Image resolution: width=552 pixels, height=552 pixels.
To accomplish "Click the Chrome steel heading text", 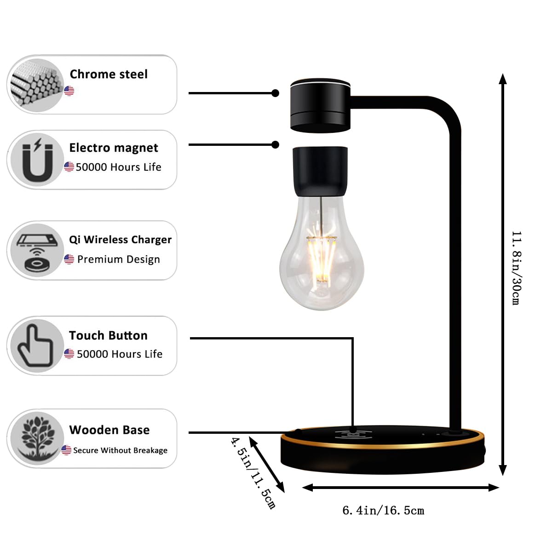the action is tap(109, 74).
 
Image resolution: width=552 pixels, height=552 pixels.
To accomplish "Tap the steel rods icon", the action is tap(37, 85).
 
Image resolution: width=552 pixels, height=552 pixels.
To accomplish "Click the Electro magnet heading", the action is tap(114, 148).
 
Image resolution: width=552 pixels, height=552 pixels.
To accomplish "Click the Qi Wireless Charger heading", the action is tap(120, 240).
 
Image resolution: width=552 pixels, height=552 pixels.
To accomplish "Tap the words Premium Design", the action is tap(119, 259).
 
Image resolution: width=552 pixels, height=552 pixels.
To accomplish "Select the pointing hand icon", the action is tap(35, 345).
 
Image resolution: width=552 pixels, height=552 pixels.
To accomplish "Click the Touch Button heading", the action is tap(108, 335).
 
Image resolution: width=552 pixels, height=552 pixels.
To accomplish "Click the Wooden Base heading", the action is tap(109, 430).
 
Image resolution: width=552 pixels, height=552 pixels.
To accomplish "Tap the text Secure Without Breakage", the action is tap(121, 450).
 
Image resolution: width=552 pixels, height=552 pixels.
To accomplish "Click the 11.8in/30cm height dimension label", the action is tap(517, 268).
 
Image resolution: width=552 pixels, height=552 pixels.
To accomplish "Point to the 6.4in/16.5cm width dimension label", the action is tap(383, 511).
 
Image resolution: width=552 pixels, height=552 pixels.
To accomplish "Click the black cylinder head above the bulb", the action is tap(320, 105).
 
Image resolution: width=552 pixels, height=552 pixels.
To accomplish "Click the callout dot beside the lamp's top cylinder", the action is tap(275, 93).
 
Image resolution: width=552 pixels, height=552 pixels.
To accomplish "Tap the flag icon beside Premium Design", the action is tap(69, 259).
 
